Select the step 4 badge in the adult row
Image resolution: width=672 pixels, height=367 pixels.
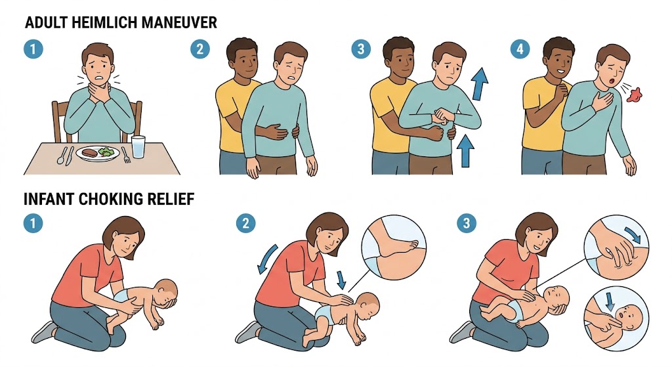[x=520, y=49]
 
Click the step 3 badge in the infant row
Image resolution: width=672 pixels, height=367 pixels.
[x=467, y=223]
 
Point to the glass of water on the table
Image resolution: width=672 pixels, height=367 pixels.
[x=138, y=146]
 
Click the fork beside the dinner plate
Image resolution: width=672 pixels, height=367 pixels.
[x=125, y=155]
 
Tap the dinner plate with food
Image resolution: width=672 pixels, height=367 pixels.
[x=98, y=153]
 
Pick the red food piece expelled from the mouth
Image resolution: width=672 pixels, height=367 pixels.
[x=635, y=95]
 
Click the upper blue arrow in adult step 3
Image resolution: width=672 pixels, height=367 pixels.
[x=480, y=83]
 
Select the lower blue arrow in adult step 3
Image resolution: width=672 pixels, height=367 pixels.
[x=465, y=150]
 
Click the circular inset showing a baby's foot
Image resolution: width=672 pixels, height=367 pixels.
[x=394, y=248]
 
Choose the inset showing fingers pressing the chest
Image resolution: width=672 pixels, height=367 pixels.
[x=616, y=246]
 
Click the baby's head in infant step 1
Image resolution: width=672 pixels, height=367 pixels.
[x=165, y=293]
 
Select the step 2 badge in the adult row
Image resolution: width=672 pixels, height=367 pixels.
[x=199, y=49]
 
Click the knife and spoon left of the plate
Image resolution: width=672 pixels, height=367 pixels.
[x=65, y=156]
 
